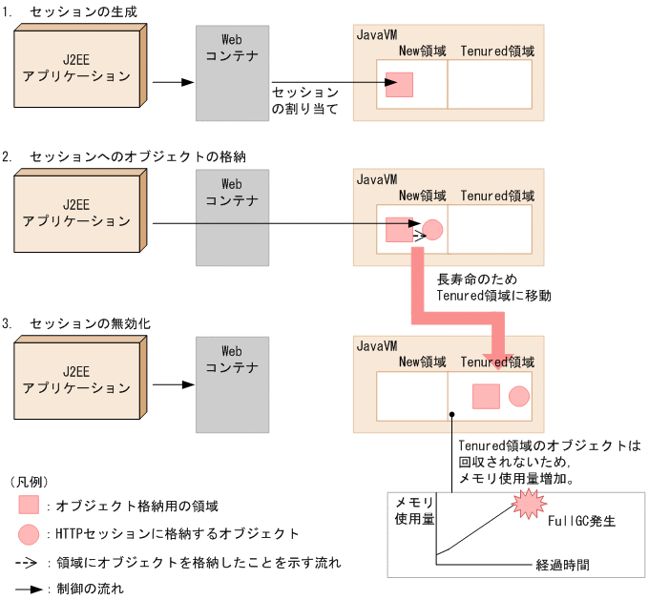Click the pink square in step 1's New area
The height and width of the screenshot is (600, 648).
(x=399, y=85)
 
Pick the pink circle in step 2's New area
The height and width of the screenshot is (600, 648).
(x=432, y=230)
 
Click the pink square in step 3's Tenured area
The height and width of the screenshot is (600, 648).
(x=487, y=396)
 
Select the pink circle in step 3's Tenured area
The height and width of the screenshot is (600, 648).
(x=519, y=396)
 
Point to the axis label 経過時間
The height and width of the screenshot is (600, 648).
(x=563, y=565)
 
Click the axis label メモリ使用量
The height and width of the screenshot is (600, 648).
(x=414, y=510)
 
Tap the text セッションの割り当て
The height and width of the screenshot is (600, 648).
(x=304, y=100)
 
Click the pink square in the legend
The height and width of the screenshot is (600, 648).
(x=29, y=506)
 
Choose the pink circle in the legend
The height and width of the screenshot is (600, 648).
(x=29, y=534)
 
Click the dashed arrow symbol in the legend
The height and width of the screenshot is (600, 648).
(x=29, y=563)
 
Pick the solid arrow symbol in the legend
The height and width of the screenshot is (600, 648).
(x=29, y=590)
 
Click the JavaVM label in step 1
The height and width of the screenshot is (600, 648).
(x=377, y=34)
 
